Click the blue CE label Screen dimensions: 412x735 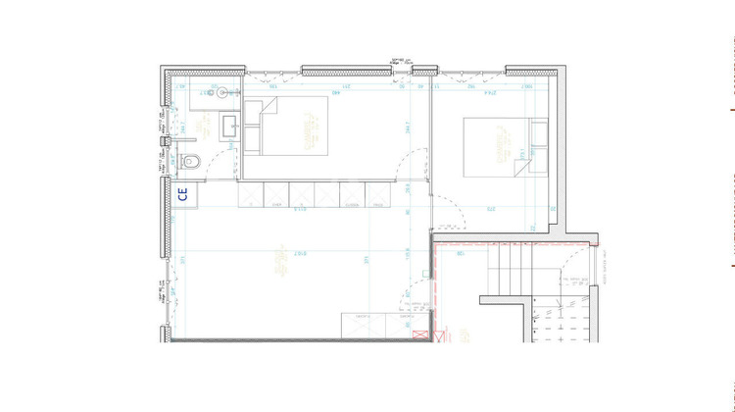click(182, 193)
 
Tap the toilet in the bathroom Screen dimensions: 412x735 click(191, 161)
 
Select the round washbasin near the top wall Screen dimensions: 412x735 click(223, 92)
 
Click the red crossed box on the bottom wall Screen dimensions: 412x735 click(423, 335)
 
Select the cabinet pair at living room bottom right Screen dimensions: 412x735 click(382, 325)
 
